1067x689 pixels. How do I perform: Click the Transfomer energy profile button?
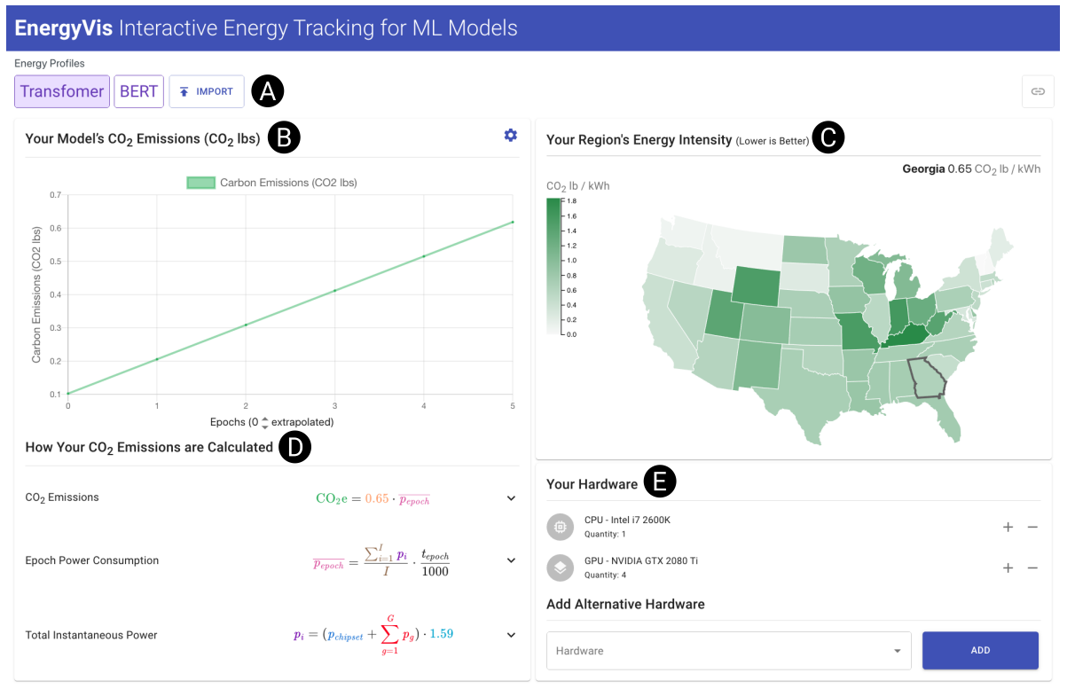click(x=61, y=91)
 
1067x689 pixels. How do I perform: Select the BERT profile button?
click(x=138, y=91)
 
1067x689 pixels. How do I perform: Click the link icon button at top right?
click(x=1037, y=91)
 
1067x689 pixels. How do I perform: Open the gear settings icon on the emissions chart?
click(x=510, y=136)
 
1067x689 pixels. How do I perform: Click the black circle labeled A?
click(x=267, y=91)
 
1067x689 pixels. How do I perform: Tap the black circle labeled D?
click(x=294, y=448)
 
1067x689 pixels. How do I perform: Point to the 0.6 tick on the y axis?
click(x=55, y=228)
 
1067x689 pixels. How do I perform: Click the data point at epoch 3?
click(x=334, y=290)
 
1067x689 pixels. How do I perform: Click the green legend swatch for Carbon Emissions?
click(x=200, y=183)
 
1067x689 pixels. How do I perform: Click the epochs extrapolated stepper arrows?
click(x=264, y=422)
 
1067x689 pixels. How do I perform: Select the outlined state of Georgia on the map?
click(x=926, y=379)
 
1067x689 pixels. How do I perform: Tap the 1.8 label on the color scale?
click(x=571, y=201)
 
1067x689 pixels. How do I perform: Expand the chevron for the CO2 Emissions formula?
click(x=511, y=498)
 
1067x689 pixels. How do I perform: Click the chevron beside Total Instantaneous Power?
click(x=511, y=635)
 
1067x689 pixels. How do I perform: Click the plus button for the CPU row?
click(x=1008, y=527)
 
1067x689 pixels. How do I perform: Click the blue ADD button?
click(x=980, y=650)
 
